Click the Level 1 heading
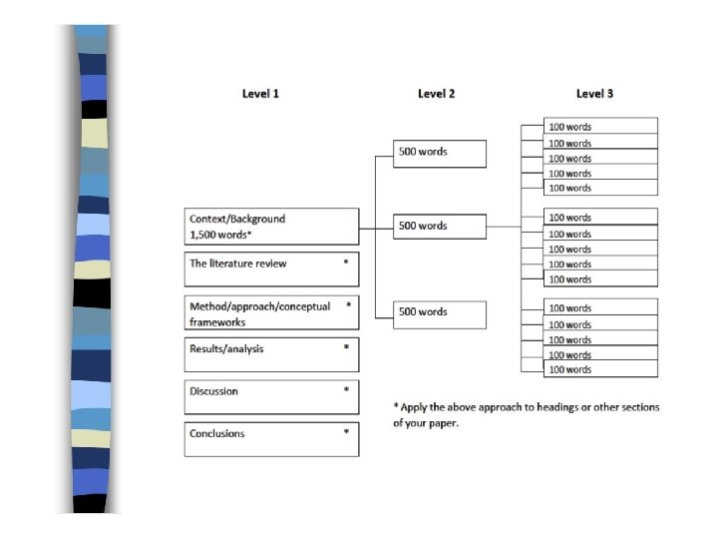260,94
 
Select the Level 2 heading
436,94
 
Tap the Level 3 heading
594,94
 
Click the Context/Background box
271,226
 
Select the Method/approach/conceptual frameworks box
271,313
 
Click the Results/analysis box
271,354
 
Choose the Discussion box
271,396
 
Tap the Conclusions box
271,439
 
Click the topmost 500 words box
440,153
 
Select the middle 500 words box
440,227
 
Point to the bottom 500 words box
440,313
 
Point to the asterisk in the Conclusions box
346,432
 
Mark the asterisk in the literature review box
346,263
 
